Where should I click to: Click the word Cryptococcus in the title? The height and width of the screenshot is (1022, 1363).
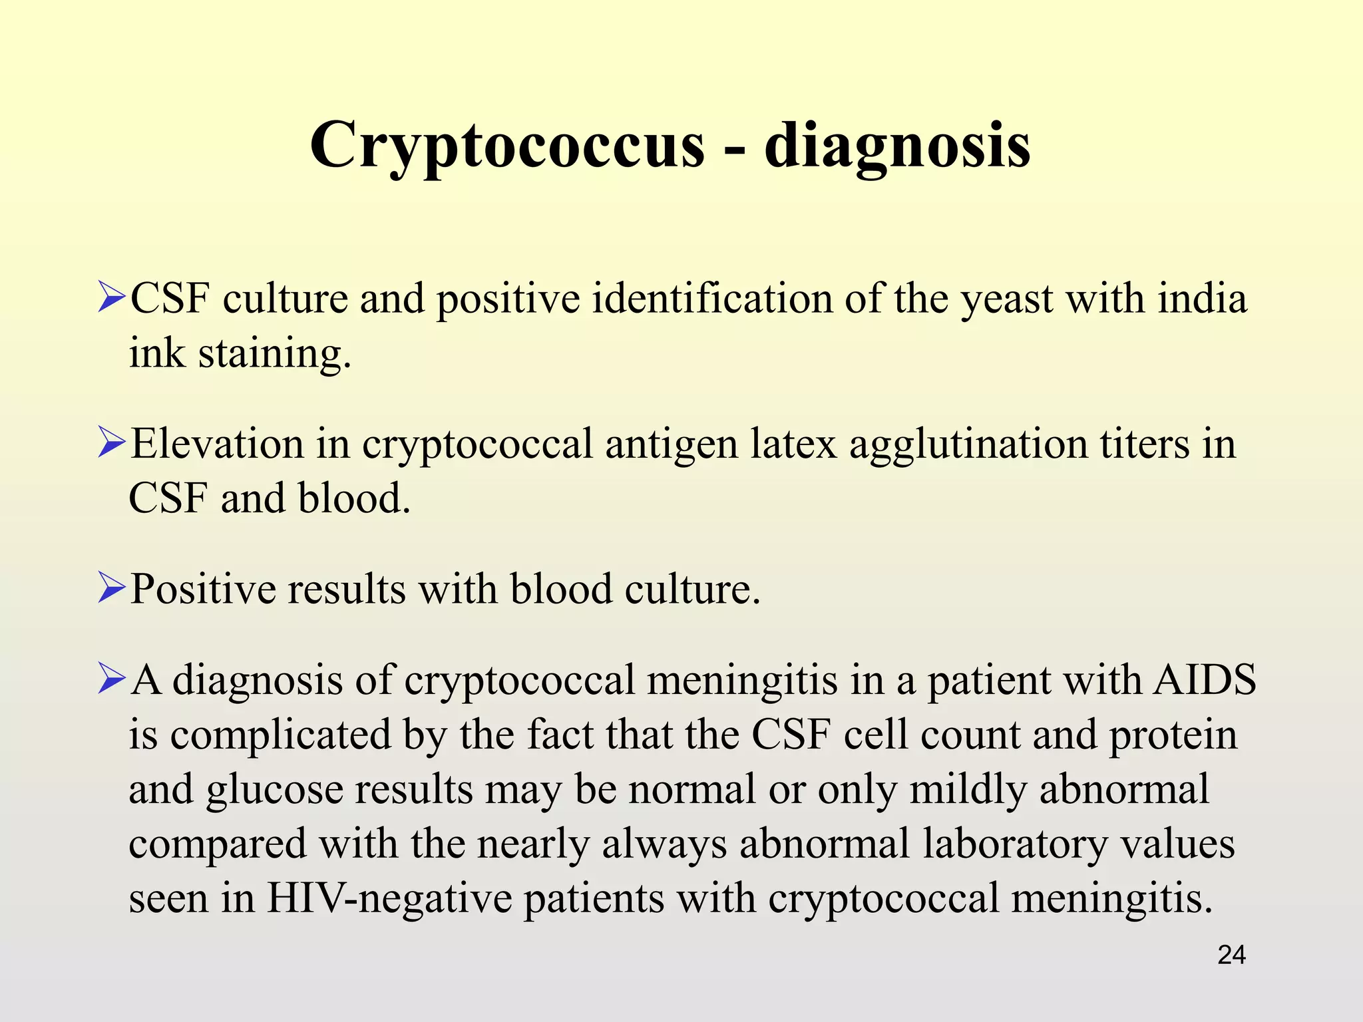tap(506, 146)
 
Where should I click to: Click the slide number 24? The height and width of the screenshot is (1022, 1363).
tap(1231, 955)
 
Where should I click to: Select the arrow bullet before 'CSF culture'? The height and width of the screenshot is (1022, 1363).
tap(110, 297)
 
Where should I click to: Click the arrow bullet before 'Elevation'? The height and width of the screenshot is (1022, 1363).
tap(110, 443)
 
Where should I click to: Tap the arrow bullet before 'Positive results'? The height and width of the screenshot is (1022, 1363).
tap(110, 589)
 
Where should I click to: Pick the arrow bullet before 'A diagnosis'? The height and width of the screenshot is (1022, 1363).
tap(110, 680)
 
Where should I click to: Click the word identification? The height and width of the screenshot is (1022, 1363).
tap(711, 299)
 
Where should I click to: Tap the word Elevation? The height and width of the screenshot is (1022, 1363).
tap(216, 444)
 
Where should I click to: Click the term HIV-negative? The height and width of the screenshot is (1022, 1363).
tap(389, 899)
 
